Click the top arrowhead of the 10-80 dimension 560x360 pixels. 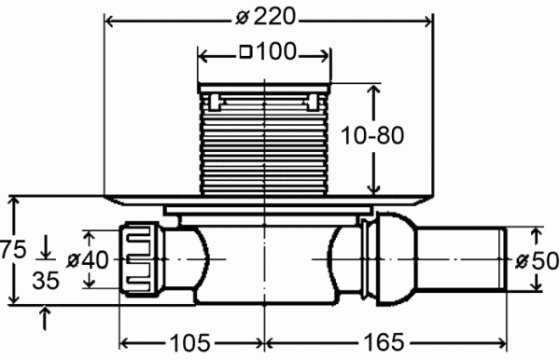tap(375, 90)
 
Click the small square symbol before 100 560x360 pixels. tap(245, 54)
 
